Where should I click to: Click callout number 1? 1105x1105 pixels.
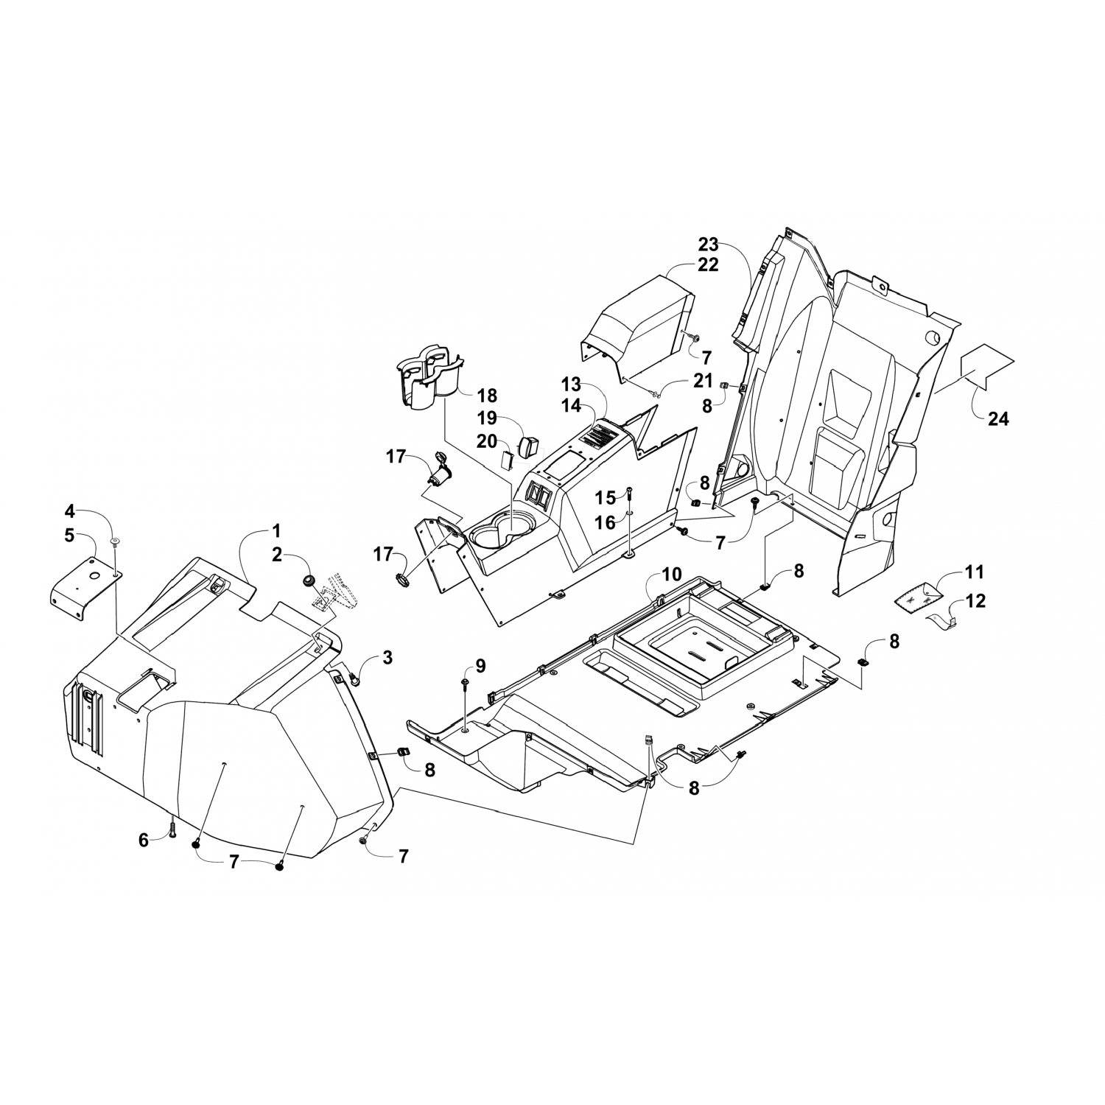[276, 530]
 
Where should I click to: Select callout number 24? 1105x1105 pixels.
[999, 419]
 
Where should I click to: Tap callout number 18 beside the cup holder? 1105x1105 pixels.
[488, 395]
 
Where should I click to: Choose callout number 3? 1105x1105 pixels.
[387, 658]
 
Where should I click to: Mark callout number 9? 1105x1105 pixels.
[480, 666]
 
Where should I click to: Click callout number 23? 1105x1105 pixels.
[708, 245]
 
